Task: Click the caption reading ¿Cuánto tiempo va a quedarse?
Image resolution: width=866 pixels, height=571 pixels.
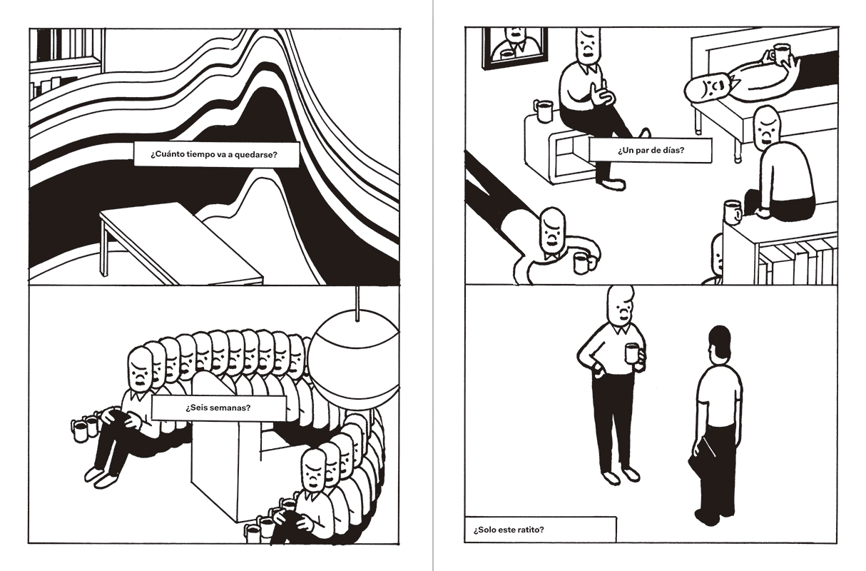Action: [214, 155]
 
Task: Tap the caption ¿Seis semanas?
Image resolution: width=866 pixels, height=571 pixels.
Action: [218, 408]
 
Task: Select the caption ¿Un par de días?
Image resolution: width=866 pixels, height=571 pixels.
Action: [651, 150]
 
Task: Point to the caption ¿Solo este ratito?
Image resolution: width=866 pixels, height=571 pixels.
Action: [509, 530]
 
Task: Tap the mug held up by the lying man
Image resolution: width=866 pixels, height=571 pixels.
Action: [779, 53]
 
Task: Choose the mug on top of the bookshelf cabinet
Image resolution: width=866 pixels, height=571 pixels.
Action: [733, 212]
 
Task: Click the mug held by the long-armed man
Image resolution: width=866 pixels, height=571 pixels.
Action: [584, 263]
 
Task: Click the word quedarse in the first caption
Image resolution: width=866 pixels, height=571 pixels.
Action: [259, 155]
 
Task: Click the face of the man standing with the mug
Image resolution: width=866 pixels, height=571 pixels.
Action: [621, 309]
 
